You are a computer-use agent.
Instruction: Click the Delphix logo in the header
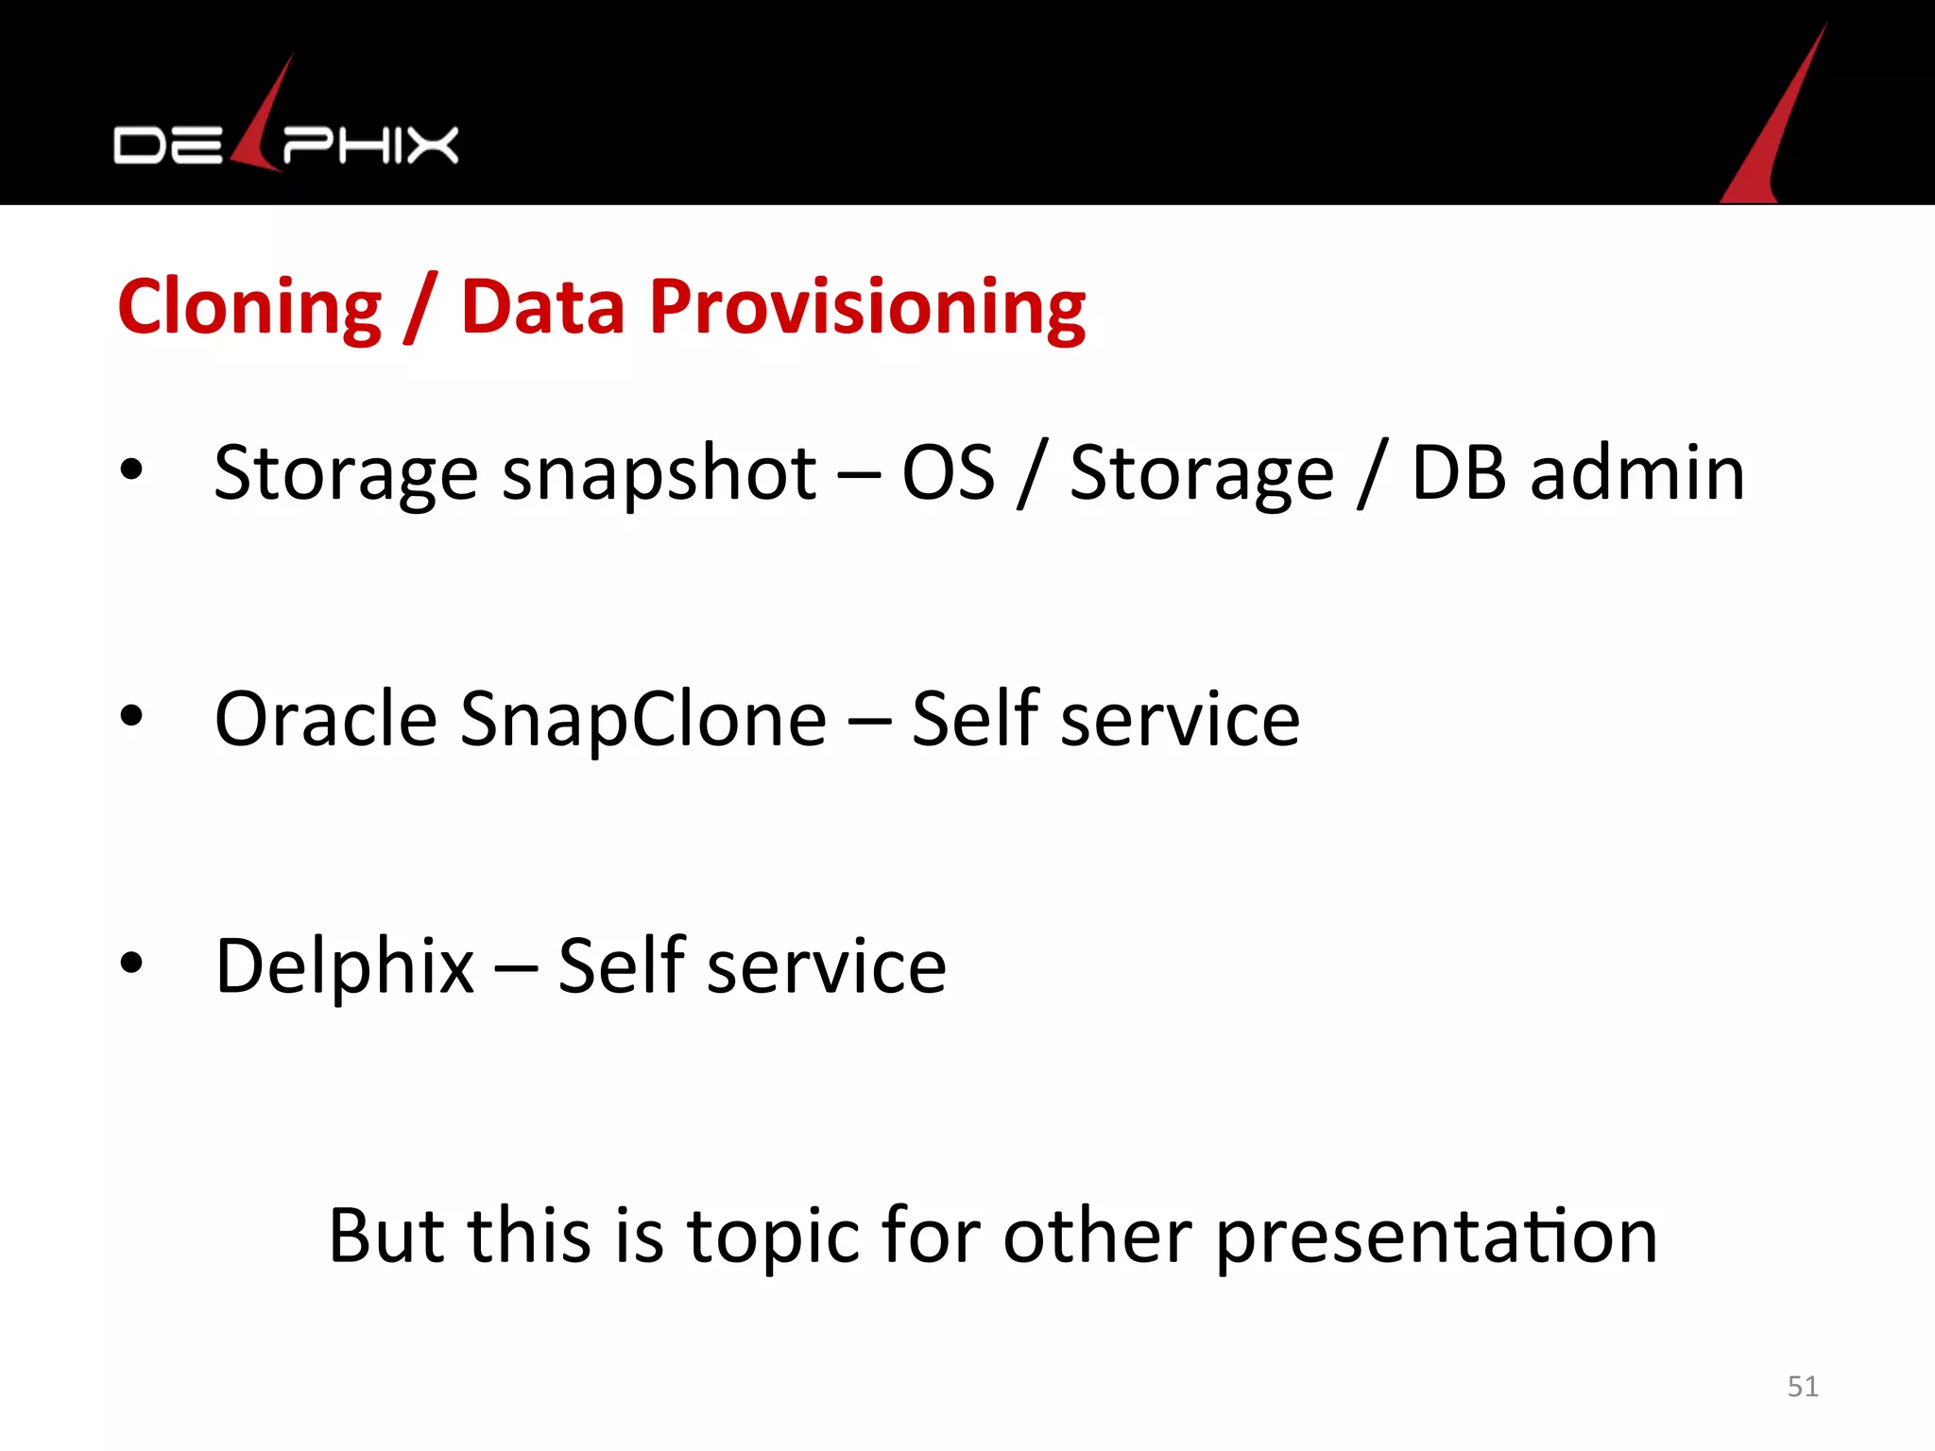pyautogui.click(x=285, y=142)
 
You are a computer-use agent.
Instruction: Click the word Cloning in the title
pyautogui.click(x=249, y=307)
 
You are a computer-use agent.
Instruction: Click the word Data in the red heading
pyautogui.click(x=542, y=307)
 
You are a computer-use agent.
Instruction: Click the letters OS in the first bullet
pyautogui.click(x=948, y=472)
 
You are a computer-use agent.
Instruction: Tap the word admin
pyautogui.click(x=1636, y=472)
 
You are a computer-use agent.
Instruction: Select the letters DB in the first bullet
pyautogui.click(x=1458, y=472)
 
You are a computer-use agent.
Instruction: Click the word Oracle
pyautogui.click(x=325, y=719)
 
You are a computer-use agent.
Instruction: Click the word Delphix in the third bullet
pyautogui.click(x=344, y=966)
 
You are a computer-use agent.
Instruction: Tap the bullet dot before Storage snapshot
pyautogui.click(x=131, y=469)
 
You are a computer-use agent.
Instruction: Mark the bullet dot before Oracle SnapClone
pyautogui.click(x=131, y=716)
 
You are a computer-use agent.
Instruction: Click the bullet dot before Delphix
pyautogui.click(x=131, y=963)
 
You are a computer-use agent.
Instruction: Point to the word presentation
pyautogui.click(x=1436, y=1238)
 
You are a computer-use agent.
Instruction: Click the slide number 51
pyautogui.click(x=1803, y=1386)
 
